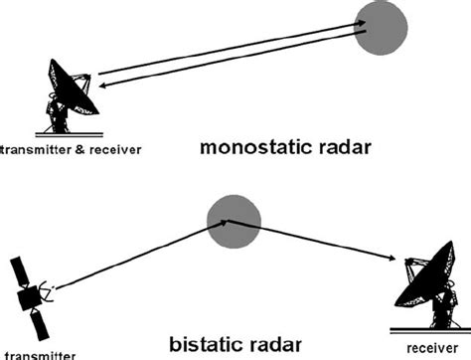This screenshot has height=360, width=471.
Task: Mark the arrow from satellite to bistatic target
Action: [x=139, y=258]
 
